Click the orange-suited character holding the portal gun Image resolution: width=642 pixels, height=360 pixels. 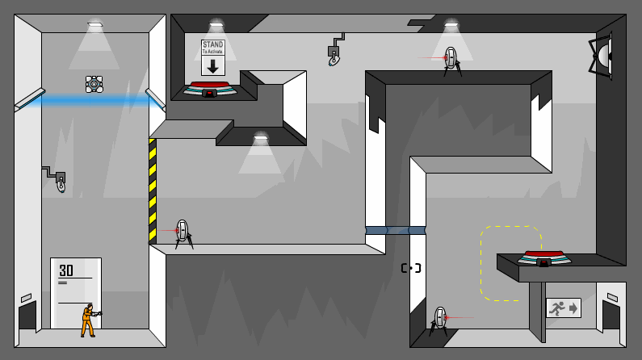[x=87, y=320]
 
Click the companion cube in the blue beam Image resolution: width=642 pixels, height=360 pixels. [x=94, y=84]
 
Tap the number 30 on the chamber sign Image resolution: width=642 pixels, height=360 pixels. [x=66, y=270]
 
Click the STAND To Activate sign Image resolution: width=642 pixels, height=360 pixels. [x=212, y=57]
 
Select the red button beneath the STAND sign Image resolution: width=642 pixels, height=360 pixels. [x=210, y=86]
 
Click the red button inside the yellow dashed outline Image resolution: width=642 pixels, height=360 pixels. [x=543, y=255]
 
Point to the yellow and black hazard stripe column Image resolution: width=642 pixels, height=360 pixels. [x=153, y=190]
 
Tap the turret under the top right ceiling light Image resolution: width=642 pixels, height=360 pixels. [x=451, y=60]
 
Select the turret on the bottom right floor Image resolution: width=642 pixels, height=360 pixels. [x=439, y=320]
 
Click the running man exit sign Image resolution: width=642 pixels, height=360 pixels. [x=563, y=308]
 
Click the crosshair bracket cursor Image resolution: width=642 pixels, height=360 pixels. [x=411, y=268]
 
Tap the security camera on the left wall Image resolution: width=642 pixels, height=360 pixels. [x=57, y=178]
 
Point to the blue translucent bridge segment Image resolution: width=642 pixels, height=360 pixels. [x=396, y=230]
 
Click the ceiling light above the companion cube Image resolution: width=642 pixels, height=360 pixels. [x=95, y=26]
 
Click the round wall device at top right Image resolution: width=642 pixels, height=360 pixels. [x=602, y=56]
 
